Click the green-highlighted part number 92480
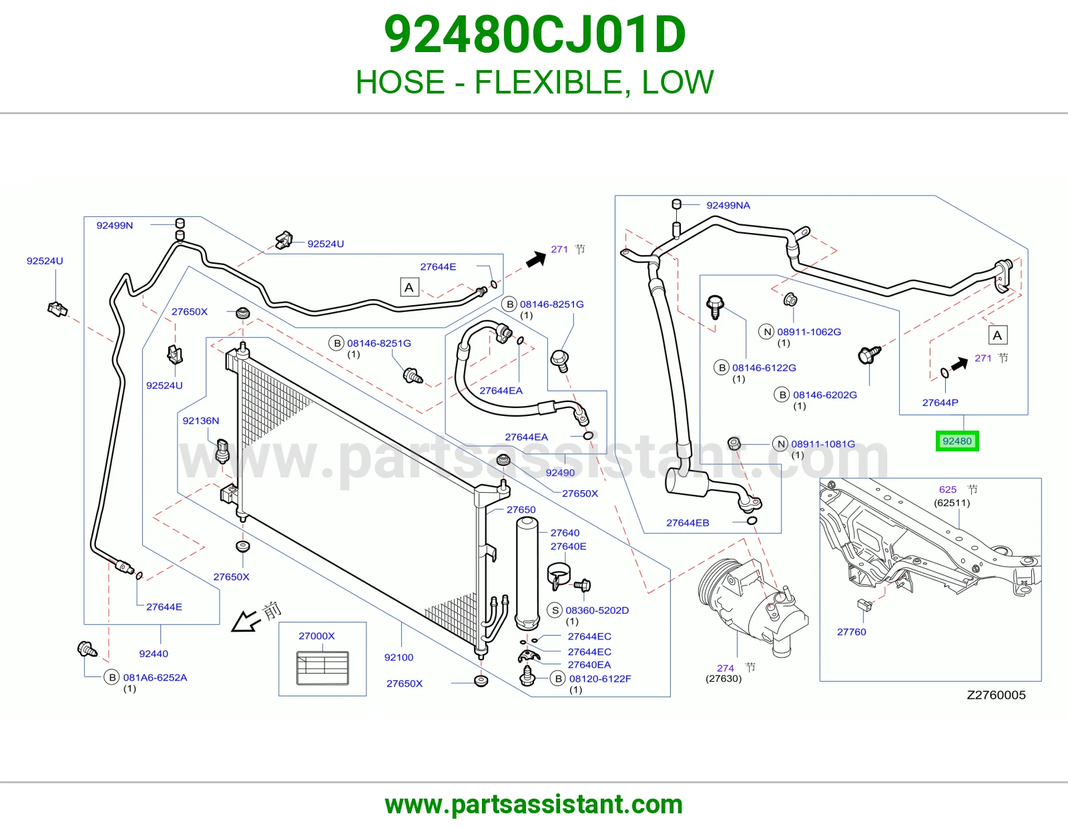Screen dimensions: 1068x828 (957, 441)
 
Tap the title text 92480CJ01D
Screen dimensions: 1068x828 (534, 35)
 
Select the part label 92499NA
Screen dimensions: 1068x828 (728, 206)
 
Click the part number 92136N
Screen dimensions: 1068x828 (200, 421)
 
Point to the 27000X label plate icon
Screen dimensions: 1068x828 (322, 668)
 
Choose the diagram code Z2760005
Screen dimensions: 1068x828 (996, 694)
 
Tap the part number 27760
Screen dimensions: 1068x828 (851, 632)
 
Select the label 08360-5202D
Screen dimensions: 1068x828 (597, 610)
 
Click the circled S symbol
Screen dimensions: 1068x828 (555, 610)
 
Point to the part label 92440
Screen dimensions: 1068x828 (154, 654)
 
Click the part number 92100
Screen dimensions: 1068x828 (398, 657)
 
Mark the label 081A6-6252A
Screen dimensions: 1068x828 (155, 678)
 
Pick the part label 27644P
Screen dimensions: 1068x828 (940, 403)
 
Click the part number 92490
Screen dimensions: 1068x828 (560, 473)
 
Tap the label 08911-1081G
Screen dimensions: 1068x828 (823, 444)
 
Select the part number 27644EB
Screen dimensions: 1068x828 (688, 523)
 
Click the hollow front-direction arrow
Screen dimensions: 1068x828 (246, 621)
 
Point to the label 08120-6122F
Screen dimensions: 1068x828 (600, 678)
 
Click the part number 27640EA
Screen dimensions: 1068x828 (589, 665)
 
